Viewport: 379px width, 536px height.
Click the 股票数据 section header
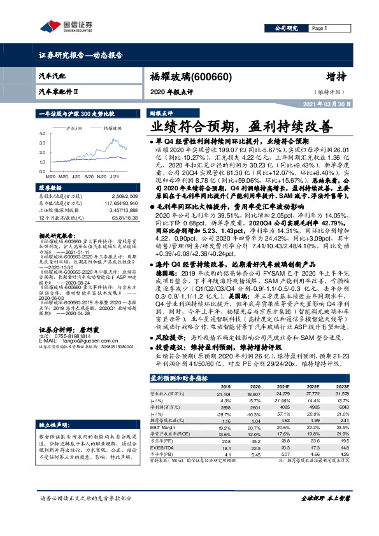[x=52, y=188]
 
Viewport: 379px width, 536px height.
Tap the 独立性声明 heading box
[x=53, y=423]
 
